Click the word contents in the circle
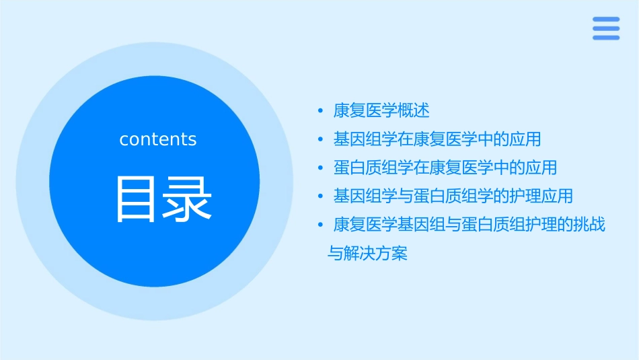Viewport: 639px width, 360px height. pos(158,139)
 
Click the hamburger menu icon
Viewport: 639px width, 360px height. pos(605,28)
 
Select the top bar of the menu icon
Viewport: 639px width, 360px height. pos(605,20)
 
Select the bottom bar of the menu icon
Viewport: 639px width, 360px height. pos(605,38)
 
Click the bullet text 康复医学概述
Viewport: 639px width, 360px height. pos(381,110)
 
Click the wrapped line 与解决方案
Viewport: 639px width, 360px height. pos(367,254)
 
